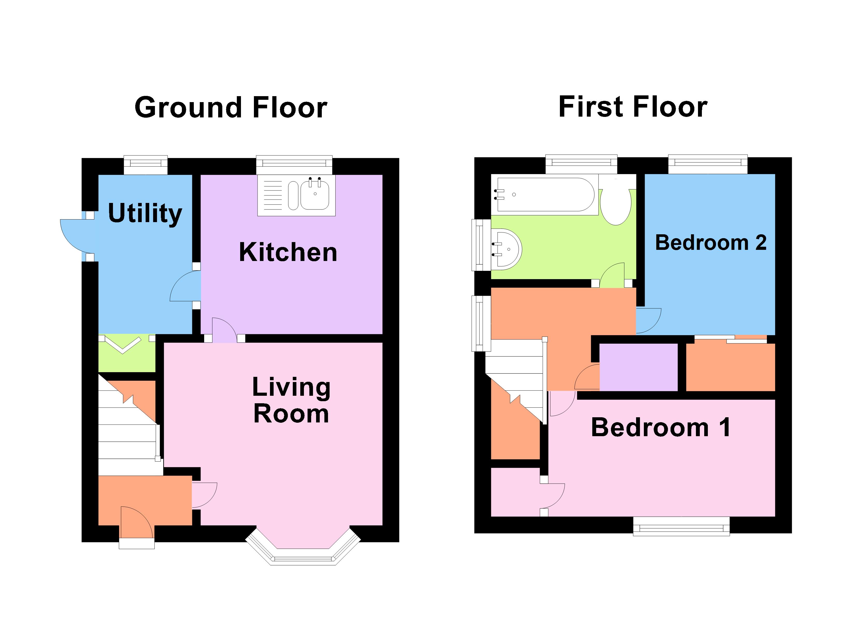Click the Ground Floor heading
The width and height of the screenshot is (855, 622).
point(231,108)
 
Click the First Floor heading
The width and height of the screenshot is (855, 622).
point(633,107)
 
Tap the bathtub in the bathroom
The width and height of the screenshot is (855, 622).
point(545,194)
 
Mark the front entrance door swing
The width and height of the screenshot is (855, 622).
point(137,522)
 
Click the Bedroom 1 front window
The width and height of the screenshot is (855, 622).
point(681,526)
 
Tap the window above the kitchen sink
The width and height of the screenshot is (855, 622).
point(294,163)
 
